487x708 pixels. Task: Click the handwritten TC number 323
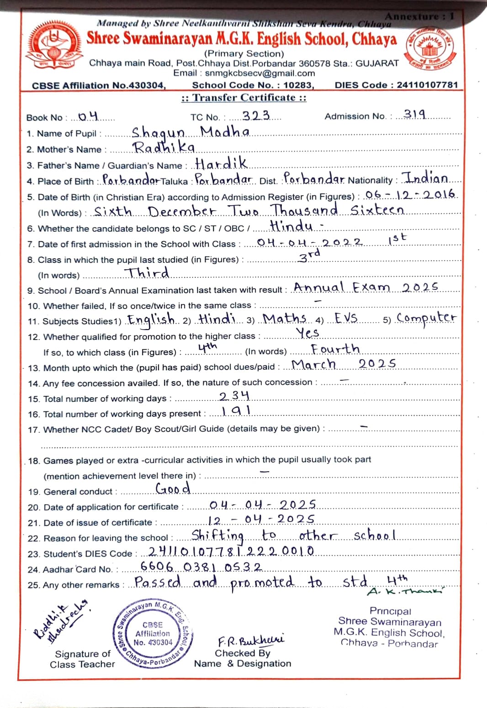(256, 116)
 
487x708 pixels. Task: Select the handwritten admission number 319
(415, 114)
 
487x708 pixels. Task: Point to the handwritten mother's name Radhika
(164, 147)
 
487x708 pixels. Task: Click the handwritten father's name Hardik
(221, 163)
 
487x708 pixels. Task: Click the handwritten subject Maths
(284, 319)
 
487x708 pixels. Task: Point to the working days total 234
(234, 396)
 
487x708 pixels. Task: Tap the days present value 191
(236, 411)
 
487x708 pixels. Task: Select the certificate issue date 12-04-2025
(261, 520)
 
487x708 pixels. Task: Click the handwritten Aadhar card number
(201, 567)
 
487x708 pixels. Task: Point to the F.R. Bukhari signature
(251, 639)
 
